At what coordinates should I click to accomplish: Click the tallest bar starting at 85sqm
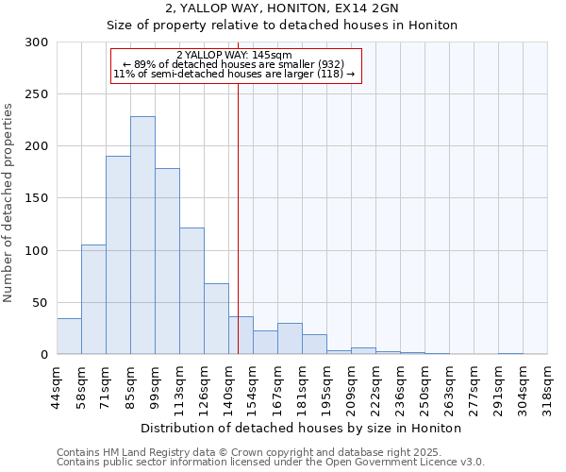pos(142,236)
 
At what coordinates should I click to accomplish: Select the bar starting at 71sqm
pos(118,255)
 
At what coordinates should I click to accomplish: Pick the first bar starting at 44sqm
pos(69,336)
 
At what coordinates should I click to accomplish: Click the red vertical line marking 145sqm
pos(238,189)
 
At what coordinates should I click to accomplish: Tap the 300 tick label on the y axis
pos(37,42)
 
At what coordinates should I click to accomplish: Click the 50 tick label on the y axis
pos(41,302)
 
